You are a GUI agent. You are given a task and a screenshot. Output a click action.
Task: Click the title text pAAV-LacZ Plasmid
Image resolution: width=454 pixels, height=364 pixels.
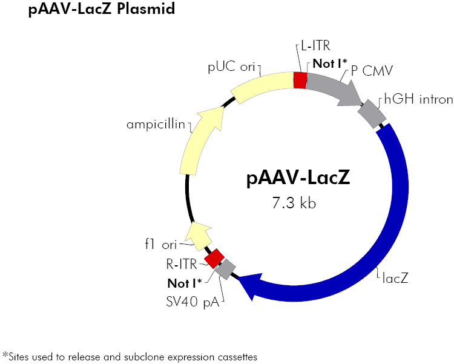click(102, 10)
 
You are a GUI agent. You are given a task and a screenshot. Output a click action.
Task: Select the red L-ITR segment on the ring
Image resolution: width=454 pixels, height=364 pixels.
click(300, 80)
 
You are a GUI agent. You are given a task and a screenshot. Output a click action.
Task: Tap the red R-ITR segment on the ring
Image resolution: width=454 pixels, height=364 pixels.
click(214, 257)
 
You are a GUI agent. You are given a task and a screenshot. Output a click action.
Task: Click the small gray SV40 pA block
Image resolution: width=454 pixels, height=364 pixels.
click(226, 269)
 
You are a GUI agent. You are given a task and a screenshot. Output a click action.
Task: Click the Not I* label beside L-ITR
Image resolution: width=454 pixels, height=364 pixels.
click(330, 63)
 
